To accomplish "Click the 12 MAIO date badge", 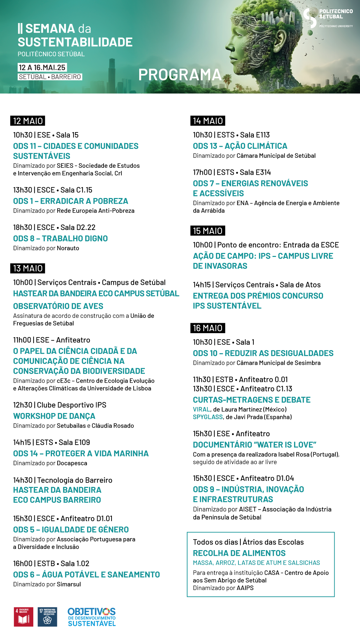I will pyautogui.click(x=28, y=121).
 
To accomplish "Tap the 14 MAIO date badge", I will pyautogui.click(x=208, y=121).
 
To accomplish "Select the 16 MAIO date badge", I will pyautogui.click(x=208, y=328).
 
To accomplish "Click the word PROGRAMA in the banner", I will pyautogui.click(x=180, y=75).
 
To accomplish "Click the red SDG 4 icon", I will pyautogui.click(x=23, y=617).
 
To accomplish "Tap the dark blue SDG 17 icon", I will pyautogui.click(x=47, y=617).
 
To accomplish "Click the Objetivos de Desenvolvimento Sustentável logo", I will pyautogui.click(x=92, y=617).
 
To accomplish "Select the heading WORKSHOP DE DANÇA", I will pyautogui.click(x=54, y=416).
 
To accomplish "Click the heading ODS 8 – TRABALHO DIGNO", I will pyautogui.click(x=60, y=239).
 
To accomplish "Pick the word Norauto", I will pyautogui.click(x=68, y=248).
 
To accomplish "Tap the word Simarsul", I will pyautogui.click(x=69, y=584).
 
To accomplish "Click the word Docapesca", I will pyautogui.click(x=72, y=463).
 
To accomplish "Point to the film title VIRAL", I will pyautogui.click(x=201, y=409).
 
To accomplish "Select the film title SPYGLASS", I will pyautogui.click(x=208, y=417).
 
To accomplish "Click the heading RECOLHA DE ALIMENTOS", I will pyautogui.click(x=239, y=553).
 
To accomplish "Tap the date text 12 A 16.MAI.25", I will pyautogui.click(x=42, y=68).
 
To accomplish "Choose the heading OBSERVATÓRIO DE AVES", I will pyautogui.click(x=58, y=306).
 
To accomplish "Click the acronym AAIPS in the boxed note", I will pyautogui.click(x=245, y=588).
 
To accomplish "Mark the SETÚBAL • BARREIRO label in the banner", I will pyautogui.click(x=50, y=77).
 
